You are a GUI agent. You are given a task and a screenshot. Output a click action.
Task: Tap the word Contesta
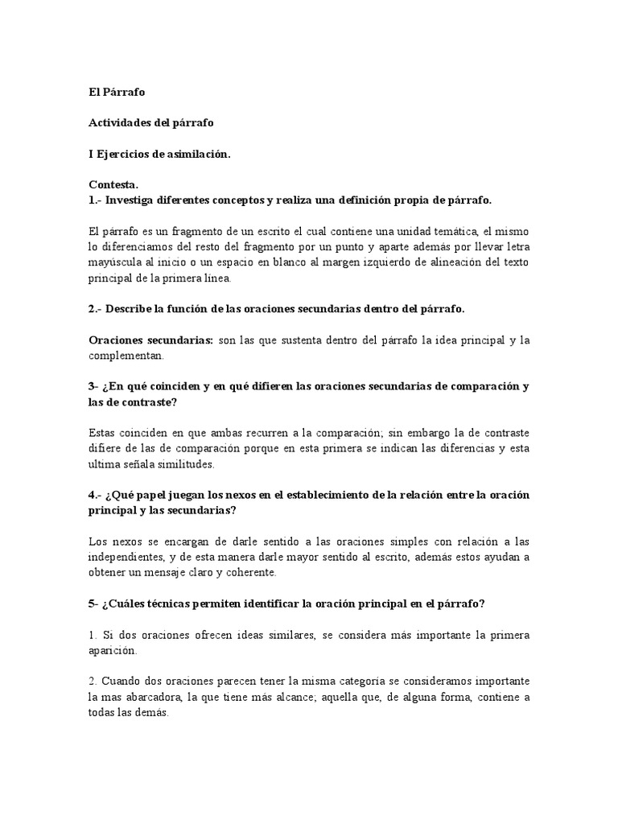(113, 184)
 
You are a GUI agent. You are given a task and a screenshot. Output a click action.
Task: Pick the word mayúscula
(117, 263)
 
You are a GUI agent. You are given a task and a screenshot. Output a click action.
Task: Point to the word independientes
(131, 558)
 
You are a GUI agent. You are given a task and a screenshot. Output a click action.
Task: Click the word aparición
(113, 650)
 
